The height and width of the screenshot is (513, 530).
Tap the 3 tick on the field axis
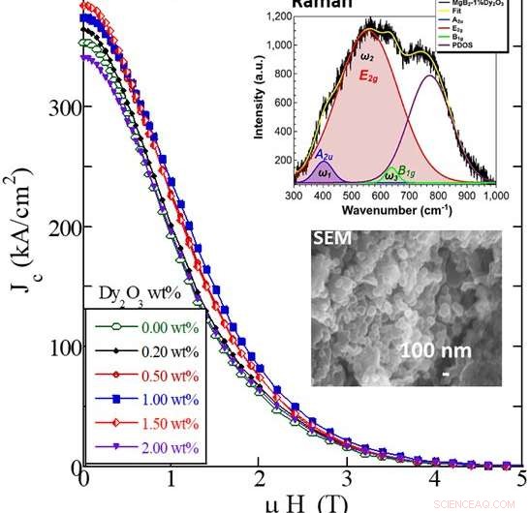pyautogui.click(x=346, y=481)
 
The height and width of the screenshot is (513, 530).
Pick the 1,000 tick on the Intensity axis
pyautogui.click(x=276, y=45)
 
